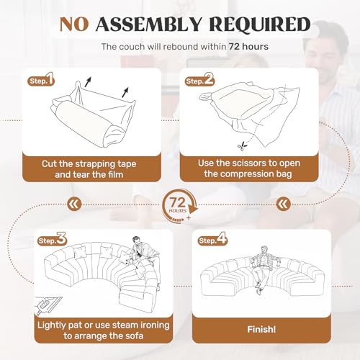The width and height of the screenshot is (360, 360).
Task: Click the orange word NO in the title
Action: pos(74,24)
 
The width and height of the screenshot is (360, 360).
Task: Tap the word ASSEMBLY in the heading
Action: pos(148,24)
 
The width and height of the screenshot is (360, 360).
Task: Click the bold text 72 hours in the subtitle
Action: pos(248,47)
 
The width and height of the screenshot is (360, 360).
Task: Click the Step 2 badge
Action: pos(199,80)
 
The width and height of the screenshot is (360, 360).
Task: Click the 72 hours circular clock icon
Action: pos(180,205)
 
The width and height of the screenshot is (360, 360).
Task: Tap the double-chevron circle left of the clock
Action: pos(74,204)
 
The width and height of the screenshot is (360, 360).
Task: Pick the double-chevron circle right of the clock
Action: pos(284,204)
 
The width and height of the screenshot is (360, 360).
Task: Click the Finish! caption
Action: pos(261,329)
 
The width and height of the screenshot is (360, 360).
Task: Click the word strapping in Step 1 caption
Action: pos(94,165)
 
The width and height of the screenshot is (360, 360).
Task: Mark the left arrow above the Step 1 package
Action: pos(88,81)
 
